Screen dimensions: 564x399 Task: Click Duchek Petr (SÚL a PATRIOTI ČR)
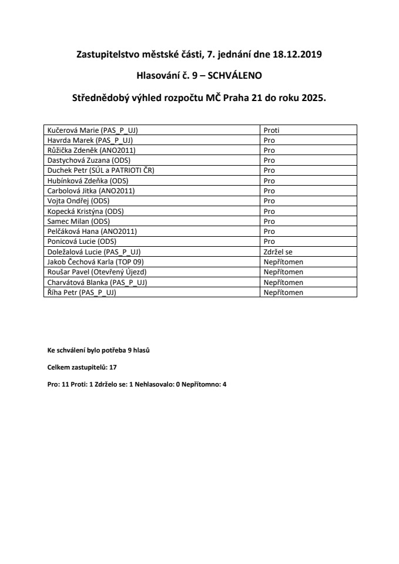click(x=100, y=170)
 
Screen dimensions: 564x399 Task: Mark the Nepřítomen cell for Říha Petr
click(x=283, y=292)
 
